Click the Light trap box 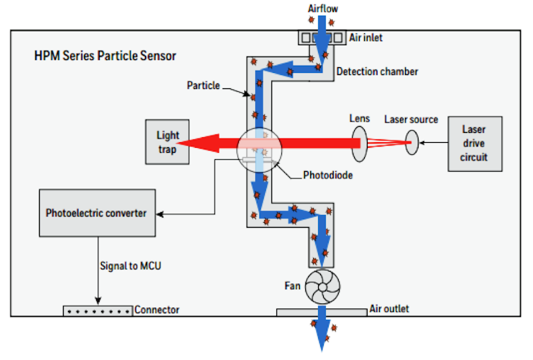(168, 141)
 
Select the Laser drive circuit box (475, 144)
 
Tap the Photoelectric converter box (98, 213)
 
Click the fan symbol (322, 287)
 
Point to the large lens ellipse (359, 144)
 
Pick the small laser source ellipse (411, 143)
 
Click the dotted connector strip (98, 311)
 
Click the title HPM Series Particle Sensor (105, 56)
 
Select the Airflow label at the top (323, 8)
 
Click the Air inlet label (365, 37)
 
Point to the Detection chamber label (377, 71)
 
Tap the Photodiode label (328, 175)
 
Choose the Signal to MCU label (130, 265)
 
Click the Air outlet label (389, 308)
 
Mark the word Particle (204, 86)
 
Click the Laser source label (411, 120)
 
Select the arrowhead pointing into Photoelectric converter (160, 214)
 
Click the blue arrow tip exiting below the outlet (322, 350)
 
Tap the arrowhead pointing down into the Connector (98, 301)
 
